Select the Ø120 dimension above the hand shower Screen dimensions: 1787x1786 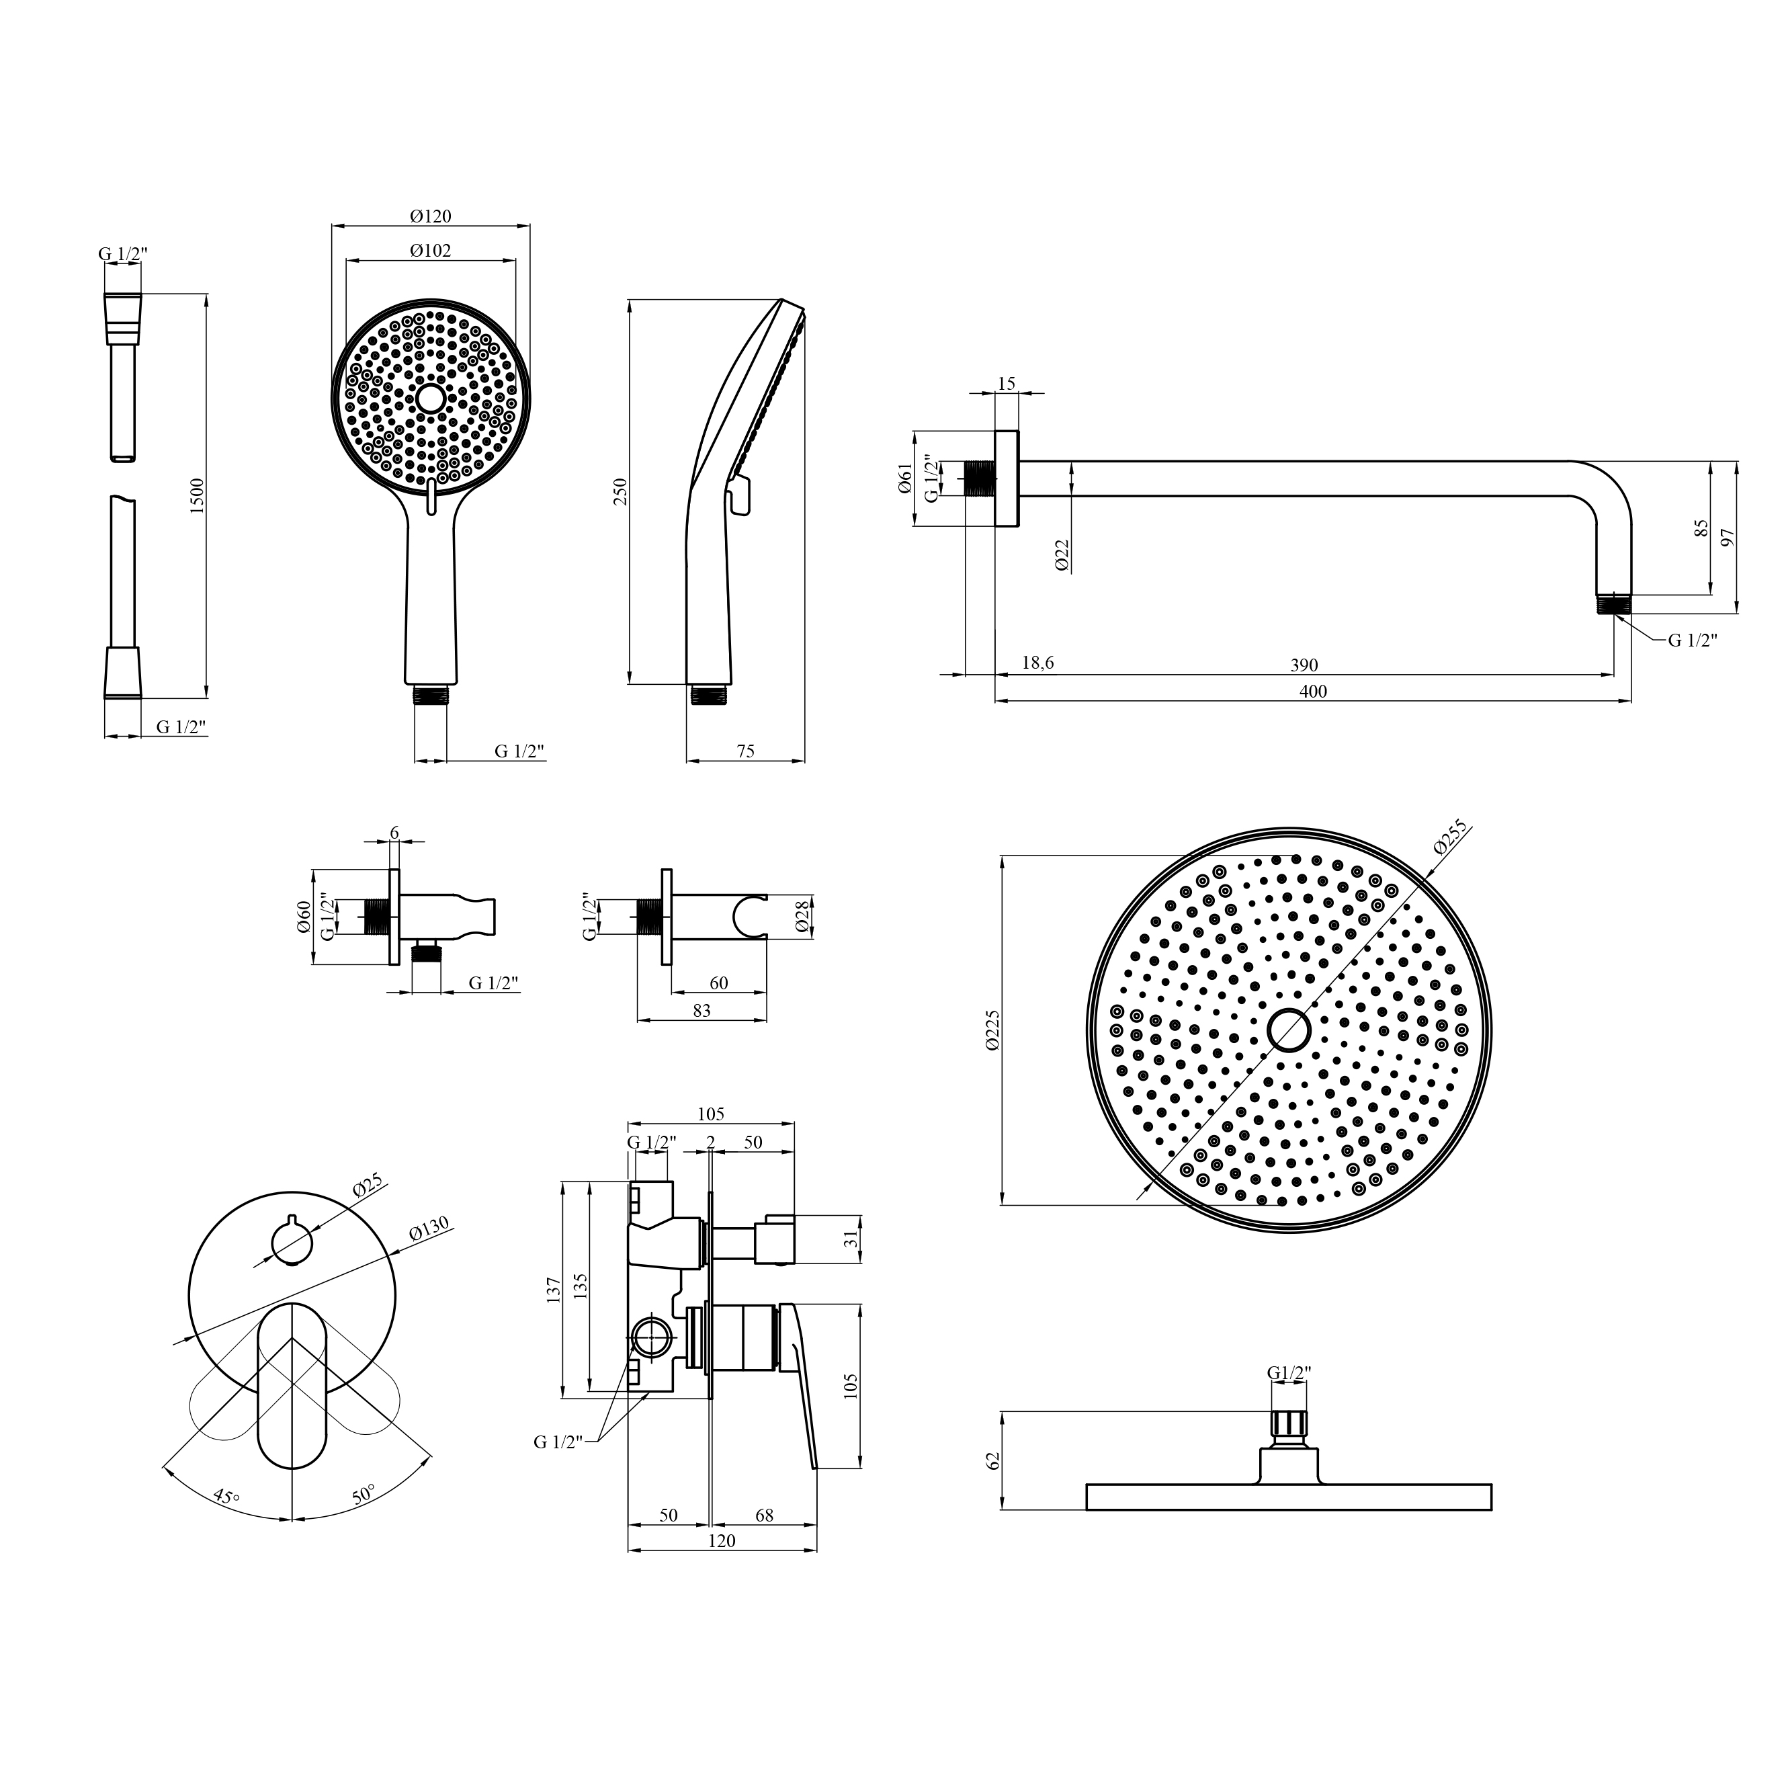[430, 216]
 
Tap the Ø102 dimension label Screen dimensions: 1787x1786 [430, 251]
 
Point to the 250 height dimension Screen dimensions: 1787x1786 [620, 491]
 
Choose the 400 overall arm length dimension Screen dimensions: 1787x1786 [1312, 691]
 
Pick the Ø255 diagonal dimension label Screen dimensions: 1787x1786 [1450, 837]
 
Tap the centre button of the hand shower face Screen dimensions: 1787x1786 [430, 399]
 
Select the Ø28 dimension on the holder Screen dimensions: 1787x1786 [802, 917]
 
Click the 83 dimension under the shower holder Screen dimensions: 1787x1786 [701, 1011]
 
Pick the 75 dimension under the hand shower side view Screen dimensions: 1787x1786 [745, 751]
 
